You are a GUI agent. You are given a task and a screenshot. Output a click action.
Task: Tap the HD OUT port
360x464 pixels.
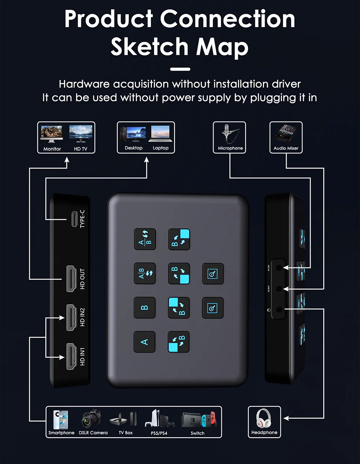tap(71, 279)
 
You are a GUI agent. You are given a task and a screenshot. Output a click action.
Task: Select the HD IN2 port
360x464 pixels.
tap(71, 317)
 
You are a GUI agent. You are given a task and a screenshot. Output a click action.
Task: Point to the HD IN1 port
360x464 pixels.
tap(71, 356)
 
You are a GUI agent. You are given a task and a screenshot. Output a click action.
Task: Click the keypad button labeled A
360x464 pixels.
tap(144, 342)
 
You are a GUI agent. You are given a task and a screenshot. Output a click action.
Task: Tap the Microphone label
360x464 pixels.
tap(230, 148)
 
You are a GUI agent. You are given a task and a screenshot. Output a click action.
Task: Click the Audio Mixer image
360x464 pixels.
tap(286, 134)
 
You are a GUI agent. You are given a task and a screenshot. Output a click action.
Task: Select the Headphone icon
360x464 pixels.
tap(264, 419)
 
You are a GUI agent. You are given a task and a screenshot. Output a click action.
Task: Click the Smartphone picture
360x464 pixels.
tap(60, 419)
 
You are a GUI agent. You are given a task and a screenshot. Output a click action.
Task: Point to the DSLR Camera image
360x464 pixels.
tap(92, 419)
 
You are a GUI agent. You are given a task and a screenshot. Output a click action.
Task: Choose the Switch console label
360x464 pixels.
tap(197, 433)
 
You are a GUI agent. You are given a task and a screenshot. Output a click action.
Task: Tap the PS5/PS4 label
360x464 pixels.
tap(159, 433)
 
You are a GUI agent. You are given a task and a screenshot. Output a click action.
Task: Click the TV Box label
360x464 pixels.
tap(126, 433)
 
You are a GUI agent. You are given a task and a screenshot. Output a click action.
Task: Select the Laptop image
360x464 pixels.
tap(160, 134)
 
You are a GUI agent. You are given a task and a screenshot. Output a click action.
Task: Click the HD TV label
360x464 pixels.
tap(81, 149)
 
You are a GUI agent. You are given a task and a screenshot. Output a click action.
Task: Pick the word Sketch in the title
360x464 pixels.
tap(149, 47)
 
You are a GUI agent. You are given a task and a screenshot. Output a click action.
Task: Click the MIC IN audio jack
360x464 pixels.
tap(279, 268)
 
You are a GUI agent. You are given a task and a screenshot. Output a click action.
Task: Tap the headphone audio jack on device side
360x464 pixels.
tap(279, 309)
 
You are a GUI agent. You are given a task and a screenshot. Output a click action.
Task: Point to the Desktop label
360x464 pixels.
tap(134, 148)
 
